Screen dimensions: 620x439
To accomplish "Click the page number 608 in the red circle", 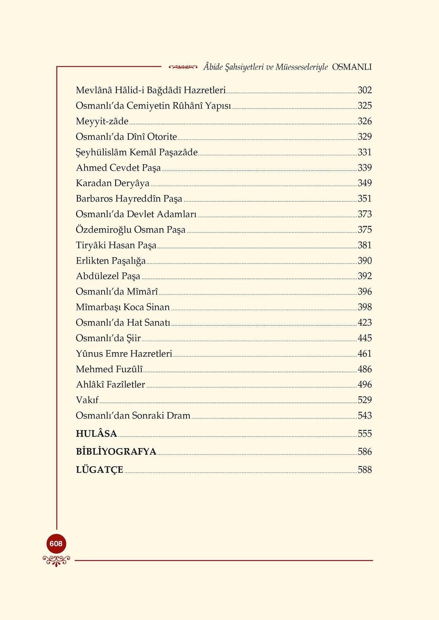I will pos(56,544).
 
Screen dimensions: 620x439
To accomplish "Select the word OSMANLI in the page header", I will pos(352,67).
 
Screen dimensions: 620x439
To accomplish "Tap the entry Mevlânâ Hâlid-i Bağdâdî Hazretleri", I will pos(151,90).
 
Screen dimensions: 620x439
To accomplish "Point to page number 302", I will pos(365,90).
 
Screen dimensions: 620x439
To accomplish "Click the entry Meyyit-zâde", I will pos(102,121).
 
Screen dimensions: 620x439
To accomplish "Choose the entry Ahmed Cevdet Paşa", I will pos(118,168).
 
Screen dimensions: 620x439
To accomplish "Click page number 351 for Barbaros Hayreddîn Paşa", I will pos(365,199).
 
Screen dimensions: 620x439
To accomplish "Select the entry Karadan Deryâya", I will pos(112,183).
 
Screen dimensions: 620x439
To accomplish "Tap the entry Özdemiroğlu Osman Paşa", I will pos(130,230).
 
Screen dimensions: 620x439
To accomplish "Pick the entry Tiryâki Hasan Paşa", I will pos(116,245).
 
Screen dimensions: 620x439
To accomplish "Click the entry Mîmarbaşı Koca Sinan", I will pos(123,307).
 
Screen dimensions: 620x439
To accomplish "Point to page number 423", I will pos(365,323).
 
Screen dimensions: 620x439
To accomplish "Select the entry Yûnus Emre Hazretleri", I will pos(124,354).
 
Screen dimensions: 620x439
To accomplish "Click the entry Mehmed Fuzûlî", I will pos(109,369).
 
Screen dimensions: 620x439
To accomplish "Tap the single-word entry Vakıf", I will pos(87,400).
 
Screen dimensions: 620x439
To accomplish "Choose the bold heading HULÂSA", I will pos(96,434).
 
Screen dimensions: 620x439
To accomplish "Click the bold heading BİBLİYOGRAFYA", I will pos(116,452).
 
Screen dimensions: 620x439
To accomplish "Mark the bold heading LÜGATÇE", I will pos(99,470).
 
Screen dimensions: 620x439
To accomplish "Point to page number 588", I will pos(365,470).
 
